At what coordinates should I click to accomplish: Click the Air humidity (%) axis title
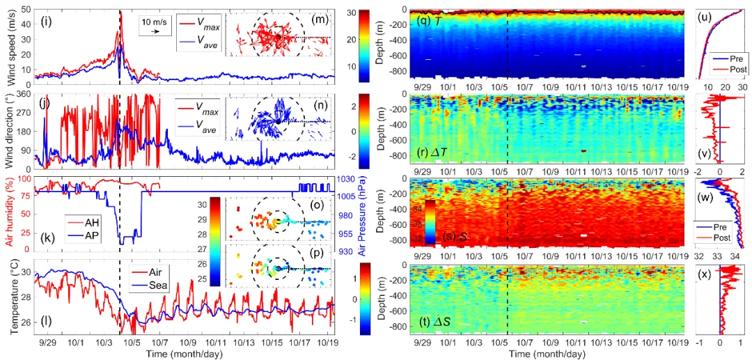tap(11, 214)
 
